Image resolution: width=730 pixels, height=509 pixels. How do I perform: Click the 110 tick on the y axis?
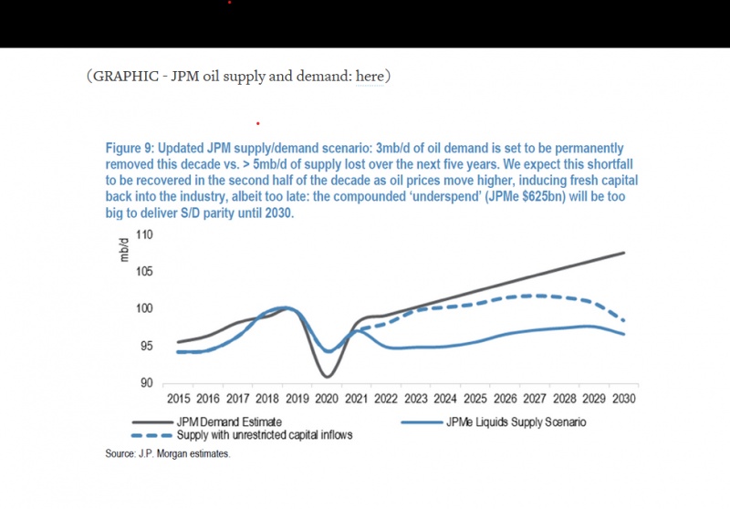click(x=145, y=234)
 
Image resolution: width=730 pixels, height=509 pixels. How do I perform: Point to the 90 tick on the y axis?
click(x=147, y=383)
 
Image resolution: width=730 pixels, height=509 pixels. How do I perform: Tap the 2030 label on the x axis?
click(x=625, y=399)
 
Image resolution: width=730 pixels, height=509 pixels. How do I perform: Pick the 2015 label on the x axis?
click(x=178, y=399)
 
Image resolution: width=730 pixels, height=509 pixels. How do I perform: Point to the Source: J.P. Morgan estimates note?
click(x=168, y=453)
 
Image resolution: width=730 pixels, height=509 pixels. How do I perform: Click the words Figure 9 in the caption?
click(x=132, y=148)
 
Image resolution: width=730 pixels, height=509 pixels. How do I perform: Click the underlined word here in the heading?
click(x=370, y=76)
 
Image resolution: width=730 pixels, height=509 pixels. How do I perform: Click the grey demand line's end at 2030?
click(x=625, y=253)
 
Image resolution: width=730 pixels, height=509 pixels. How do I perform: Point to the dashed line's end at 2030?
click(x=625, y=321)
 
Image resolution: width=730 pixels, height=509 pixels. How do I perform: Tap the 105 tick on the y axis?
click(x=145, y=272)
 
